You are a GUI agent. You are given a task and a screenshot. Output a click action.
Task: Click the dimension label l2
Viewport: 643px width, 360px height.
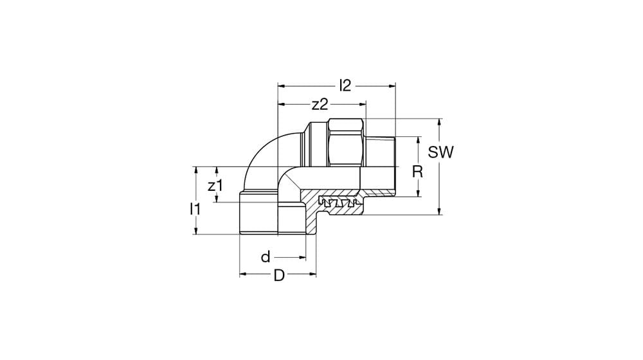coord(345,85)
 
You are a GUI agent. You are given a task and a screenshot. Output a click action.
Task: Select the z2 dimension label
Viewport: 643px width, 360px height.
coord(320,104)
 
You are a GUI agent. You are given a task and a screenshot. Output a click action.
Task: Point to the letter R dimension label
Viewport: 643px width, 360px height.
coord(417,172)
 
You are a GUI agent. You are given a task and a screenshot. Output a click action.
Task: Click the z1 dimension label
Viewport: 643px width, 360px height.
coord(215,186)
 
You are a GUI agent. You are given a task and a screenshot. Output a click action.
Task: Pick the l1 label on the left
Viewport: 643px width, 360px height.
coord(195,208)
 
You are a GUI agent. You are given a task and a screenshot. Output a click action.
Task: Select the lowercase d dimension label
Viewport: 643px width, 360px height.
coord(266,258)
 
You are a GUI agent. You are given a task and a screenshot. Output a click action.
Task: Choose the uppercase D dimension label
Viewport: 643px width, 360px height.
coord(278,275)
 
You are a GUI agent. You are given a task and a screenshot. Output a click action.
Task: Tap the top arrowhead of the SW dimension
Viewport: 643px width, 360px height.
coord(440,122)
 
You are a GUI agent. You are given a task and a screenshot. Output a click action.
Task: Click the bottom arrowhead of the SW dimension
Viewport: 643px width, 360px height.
coord(440,212)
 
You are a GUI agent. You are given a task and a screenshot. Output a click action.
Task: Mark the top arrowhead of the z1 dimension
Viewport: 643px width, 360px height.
coord(217,171)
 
